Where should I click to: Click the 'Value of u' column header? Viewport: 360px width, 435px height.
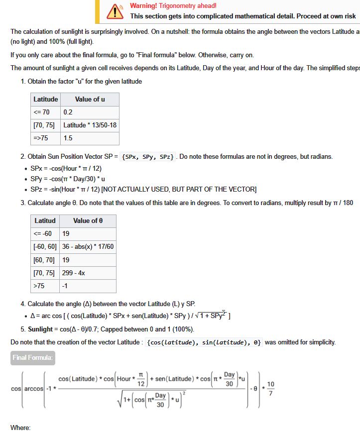click(90, 99)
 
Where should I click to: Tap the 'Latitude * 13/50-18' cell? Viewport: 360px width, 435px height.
click(90, 125)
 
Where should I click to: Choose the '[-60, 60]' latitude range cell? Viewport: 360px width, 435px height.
click(45, 247)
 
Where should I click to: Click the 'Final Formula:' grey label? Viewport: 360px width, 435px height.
click(33, 357)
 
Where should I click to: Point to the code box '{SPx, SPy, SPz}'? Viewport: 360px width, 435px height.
click(148, 157)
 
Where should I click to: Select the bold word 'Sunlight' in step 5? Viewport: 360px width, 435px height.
click(40, 329)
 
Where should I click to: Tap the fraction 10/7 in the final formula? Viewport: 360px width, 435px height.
click(270, 389)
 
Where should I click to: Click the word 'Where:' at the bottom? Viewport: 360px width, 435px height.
click(20, 428)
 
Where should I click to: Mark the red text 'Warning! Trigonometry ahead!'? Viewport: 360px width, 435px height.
click(173, 5)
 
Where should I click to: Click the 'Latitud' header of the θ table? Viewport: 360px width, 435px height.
click(45, 220)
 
